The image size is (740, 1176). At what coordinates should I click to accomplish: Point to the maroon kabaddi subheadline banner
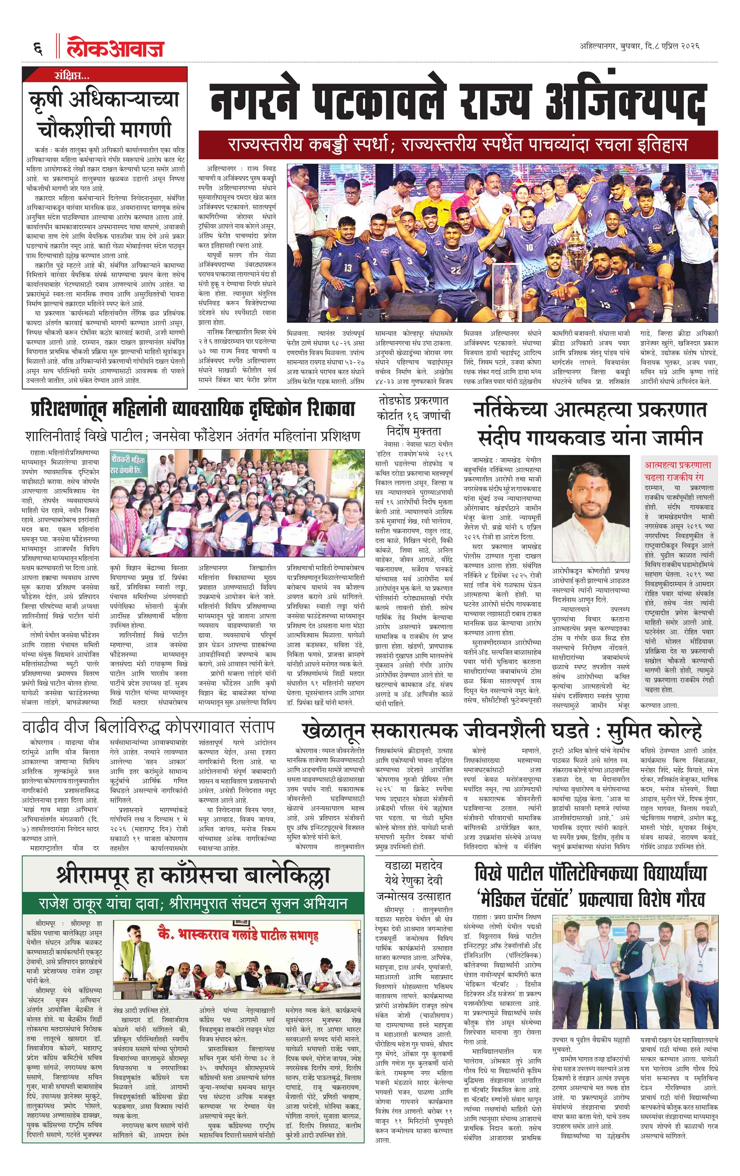(457, 145)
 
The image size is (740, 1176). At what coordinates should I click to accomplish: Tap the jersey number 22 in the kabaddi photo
(456, 270)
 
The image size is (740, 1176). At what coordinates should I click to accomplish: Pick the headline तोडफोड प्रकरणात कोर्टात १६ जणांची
(414, 408)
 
